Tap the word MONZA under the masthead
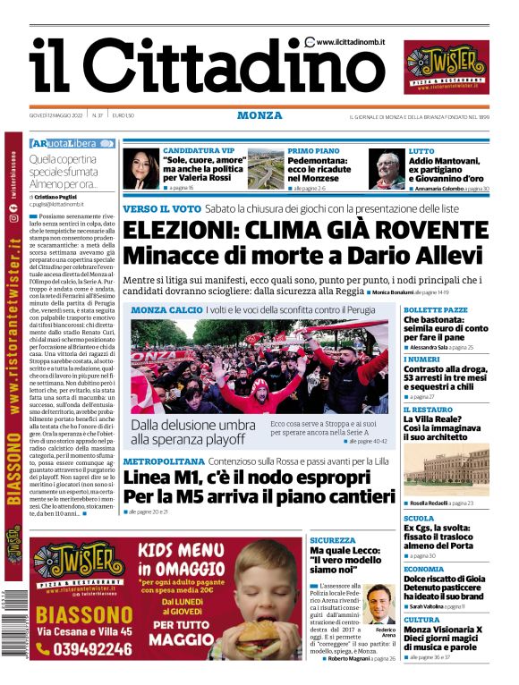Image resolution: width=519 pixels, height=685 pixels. (259, 116)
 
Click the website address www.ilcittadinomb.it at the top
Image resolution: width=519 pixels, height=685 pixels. (350, 42)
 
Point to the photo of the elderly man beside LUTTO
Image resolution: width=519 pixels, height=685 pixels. (387, 169)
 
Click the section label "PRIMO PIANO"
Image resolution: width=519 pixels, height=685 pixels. (313, 151)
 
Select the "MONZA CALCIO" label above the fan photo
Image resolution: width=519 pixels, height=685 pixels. (166, 310)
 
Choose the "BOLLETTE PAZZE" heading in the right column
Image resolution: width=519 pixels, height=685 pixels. (436, 309)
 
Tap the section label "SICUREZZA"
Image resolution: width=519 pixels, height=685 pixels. (333, 540)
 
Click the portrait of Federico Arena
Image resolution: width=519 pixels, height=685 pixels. (380, 605)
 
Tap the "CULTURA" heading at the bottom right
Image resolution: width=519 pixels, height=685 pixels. (421, 619)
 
